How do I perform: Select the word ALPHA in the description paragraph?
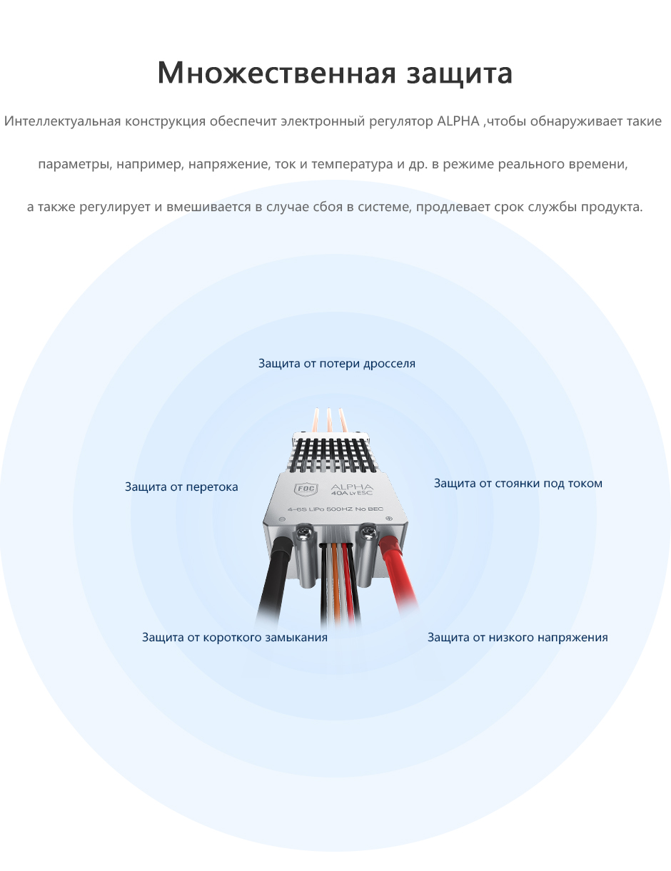tap(458, 121)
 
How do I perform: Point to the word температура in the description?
tap(352, 164)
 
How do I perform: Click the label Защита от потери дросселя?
tap(336, 363)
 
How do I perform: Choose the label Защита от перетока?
tap(181, 487)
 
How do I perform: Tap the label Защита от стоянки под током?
tap(518, 483)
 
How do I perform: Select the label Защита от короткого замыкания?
tap(235, 637)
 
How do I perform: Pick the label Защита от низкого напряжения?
tap(518, 637)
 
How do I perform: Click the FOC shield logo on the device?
tap(306, 489)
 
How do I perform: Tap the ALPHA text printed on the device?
tap(351, 487)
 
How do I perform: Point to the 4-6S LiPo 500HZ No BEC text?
tap(335, 509)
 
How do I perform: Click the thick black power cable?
tap(273, 581)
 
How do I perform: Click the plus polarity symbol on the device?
tap(388, 519)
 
